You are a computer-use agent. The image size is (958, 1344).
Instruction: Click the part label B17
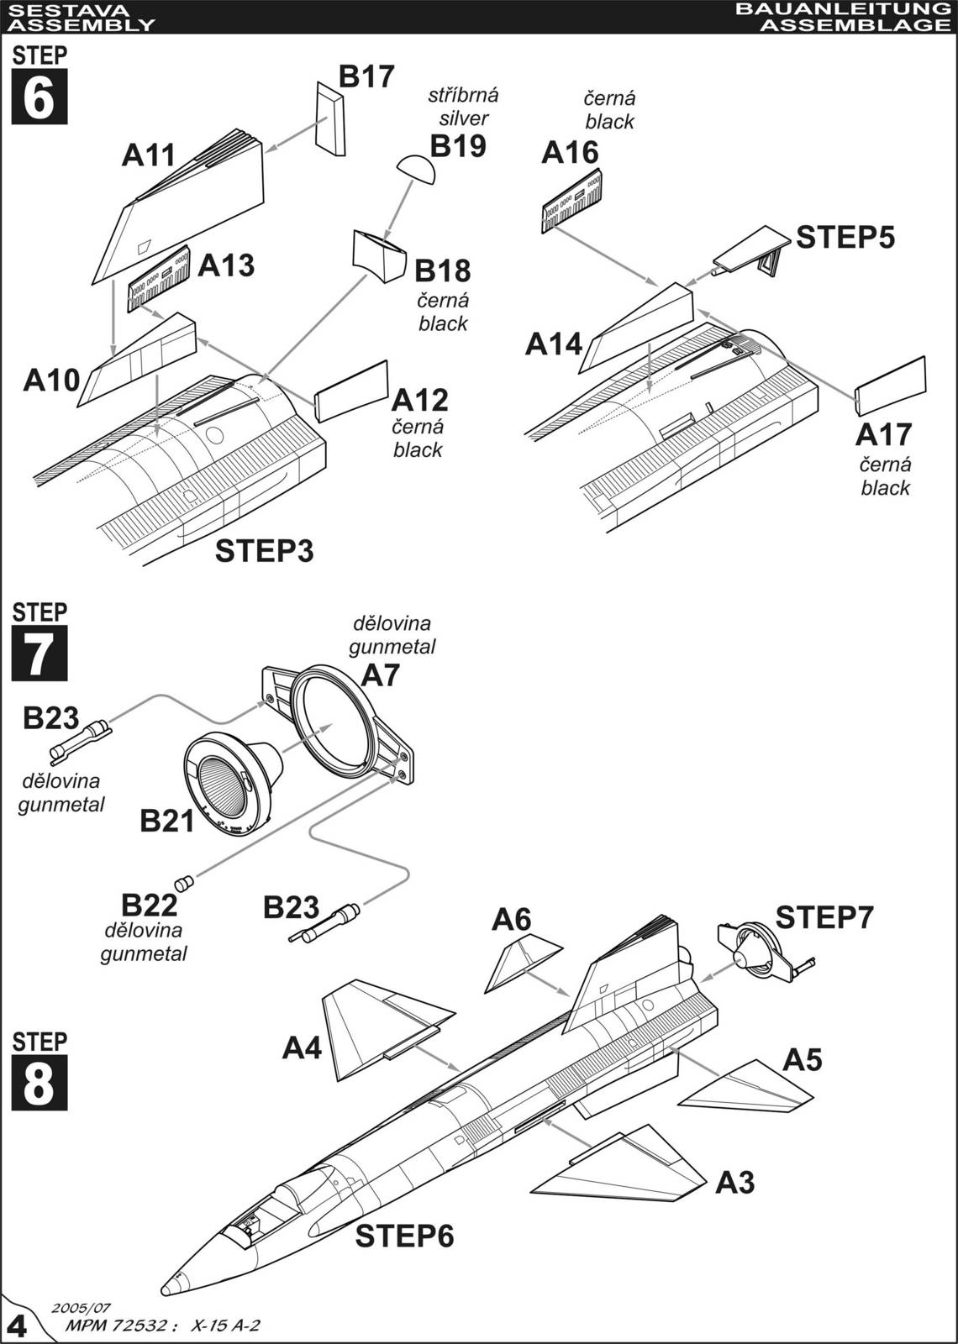(366, 76)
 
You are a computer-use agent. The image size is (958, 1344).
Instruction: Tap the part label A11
(149, 155)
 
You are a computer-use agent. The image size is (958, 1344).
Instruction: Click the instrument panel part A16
(572, 201)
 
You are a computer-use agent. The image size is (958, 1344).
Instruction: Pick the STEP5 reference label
(845, 238)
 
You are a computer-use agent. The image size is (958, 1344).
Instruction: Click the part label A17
(883, 434)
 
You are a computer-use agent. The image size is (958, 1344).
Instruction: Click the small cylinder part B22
(183, 882)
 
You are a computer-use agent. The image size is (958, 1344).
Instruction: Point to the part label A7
(381, 675)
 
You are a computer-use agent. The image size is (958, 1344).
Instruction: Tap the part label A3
(734, 1183)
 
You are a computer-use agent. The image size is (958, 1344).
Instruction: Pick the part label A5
(802, 1060)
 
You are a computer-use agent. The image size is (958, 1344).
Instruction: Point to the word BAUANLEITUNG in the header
(841, 9)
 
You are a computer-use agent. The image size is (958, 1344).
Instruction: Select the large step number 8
(39, 1084)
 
